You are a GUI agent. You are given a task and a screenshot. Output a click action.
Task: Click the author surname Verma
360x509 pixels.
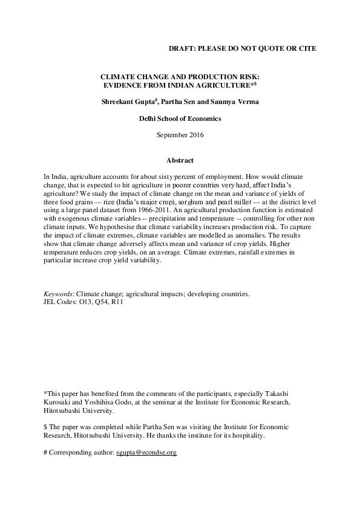pyautogui.click(x=248, y=102)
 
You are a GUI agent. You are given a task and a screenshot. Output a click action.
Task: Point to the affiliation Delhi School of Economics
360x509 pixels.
pyautogui.click(x=180, y=118)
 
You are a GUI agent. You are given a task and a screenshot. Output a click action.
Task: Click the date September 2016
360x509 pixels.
pyautogui.click(x=180, y=135)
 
